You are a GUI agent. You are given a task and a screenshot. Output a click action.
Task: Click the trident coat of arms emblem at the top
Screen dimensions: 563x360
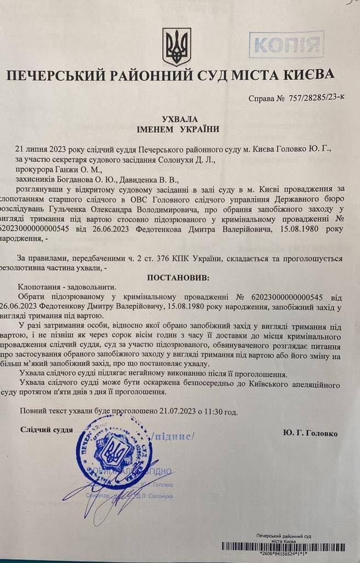[x=176, y=46]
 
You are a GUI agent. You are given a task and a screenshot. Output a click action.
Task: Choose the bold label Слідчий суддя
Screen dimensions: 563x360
[x=47, y=429]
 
